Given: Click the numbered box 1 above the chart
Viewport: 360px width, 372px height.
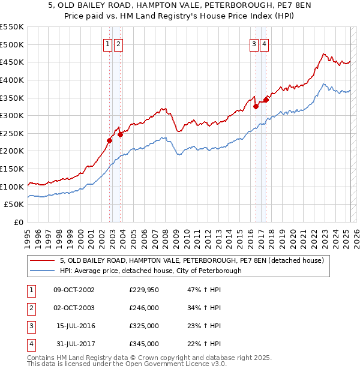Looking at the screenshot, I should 107,43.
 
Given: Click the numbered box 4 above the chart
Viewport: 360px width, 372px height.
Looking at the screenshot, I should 265,43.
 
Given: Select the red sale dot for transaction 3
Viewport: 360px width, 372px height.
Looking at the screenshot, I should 256,107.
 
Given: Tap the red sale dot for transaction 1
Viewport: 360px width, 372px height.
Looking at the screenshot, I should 109,140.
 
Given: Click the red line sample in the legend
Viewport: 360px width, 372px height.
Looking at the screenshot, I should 42,260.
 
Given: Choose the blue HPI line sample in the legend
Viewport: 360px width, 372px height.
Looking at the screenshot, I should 42,271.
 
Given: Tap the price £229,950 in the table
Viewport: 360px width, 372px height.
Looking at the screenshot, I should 144,290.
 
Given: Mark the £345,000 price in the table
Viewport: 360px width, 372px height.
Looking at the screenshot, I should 144,344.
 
